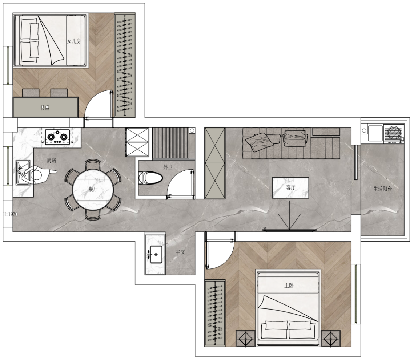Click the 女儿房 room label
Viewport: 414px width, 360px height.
coord(74,41)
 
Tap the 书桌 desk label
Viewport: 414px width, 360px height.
coord(45,108)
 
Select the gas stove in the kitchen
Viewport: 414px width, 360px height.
coord(57,137)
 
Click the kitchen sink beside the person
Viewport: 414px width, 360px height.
coord(23,172)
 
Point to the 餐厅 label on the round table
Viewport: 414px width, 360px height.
coord(93,189)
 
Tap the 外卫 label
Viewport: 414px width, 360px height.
coord(168,167)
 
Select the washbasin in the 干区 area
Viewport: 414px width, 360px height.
coord(156,254)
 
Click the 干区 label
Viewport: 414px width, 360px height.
coord(180,253)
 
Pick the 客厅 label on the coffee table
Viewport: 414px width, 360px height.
coord(290,187)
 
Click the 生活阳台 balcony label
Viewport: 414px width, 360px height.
coord(383,189)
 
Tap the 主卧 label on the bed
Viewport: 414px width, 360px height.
coord(289,285)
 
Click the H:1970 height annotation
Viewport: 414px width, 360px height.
coord(11,214)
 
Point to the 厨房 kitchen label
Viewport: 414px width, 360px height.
coord(52,160)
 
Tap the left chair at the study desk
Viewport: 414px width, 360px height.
coord(31,93)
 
